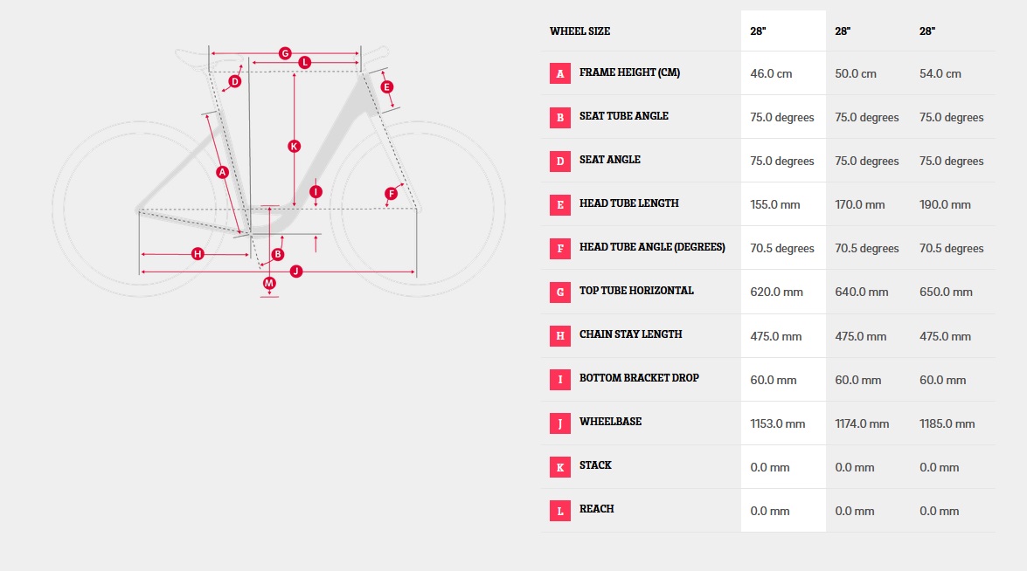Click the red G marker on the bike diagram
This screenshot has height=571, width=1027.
point(284,53)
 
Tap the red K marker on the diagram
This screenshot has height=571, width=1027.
point(294,146)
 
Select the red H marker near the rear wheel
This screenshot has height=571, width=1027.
point(198,254)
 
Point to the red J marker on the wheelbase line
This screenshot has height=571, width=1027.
point(296,271)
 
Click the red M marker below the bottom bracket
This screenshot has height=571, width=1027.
point(269,283)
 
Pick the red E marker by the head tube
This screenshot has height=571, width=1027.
point(386,86)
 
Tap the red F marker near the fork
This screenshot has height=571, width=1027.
point(391,193)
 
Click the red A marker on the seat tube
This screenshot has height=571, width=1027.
point(223,172)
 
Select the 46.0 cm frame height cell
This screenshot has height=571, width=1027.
point(771,73)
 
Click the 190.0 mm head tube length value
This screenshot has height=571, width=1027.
point(945,204)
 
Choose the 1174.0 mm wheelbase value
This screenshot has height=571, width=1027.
point(862,423)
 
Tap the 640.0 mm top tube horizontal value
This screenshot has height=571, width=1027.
point(861,292)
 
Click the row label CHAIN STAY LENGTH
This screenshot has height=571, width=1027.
point(631,334)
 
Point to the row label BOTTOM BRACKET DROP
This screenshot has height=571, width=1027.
point(639,378)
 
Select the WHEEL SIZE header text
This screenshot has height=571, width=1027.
point(579,31)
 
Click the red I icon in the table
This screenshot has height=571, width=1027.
point(560,380)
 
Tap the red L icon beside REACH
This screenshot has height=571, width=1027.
point(560,511)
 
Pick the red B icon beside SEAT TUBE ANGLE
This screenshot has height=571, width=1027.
point(560,117)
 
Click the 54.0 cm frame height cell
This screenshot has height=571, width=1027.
point(940,73)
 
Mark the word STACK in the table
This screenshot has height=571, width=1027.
point(595,465)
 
